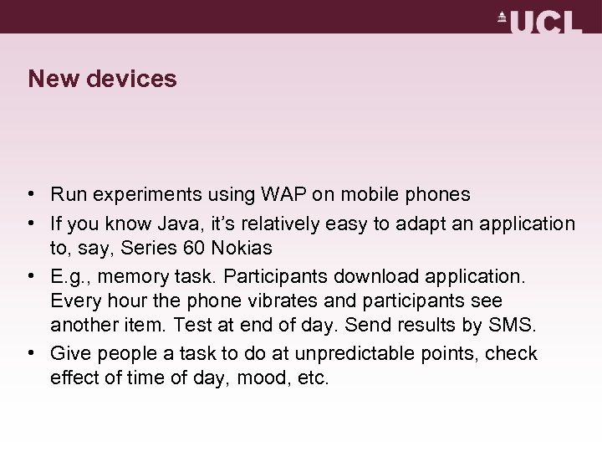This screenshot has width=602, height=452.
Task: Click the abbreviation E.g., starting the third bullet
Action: tap(69, 275)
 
